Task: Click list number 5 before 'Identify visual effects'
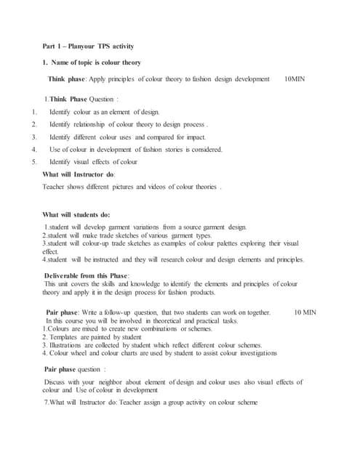click(x=34, y=161)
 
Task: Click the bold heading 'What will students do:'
click(x=76, y=214)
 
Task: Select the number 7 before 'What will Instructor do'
click(x=46, y=403)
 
